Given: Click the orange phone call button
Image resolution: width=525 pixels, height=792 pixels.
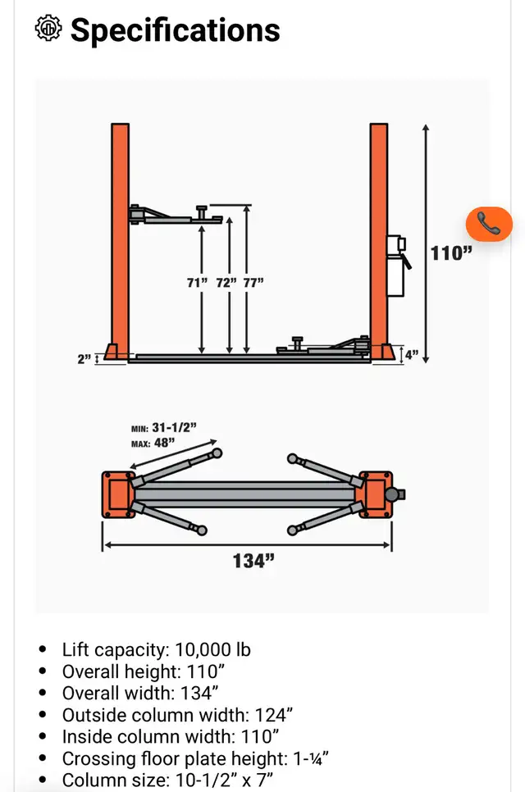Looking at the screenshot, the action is point(489,224).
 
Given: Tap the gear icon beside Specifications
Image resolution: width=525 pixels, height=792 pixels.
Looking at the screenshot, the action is point(48,28).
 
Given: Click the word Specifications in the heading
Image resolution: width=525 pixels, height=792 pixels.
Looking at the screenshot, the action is point(176,30).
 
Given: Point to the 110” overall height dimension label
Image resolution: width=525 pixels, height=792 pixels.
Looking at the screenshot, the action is point(450,253).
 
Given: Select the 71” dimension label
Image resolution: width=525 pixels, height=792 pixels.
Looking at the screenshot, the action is point(197,282).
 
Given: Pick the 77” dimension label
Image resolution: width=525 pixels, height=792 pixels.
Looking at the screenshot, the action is point(253,282).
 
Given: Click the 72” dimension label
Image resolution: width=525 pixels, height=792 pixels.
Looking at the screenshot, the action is point(226,282).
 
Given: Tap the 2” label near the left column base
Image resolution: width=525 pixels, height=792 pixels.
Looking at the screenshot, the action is point(84,358).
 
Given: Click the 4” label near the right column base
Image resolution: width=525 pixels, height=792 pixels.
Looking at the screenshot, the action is point(411,354).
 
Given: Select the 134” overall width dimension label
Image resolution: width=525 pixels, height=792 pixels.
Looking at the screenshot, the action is point(253,561).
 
